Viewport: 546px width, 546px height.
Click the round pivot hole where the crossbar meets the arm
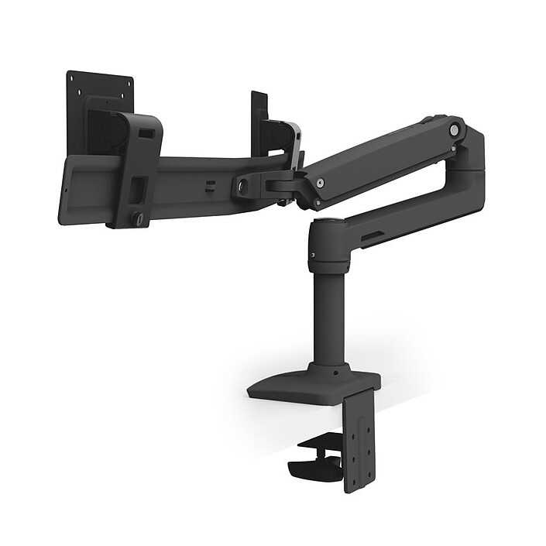(x=244, y=186)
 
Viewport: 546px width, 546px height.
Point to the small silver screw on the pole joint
(x=312, y=255)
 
